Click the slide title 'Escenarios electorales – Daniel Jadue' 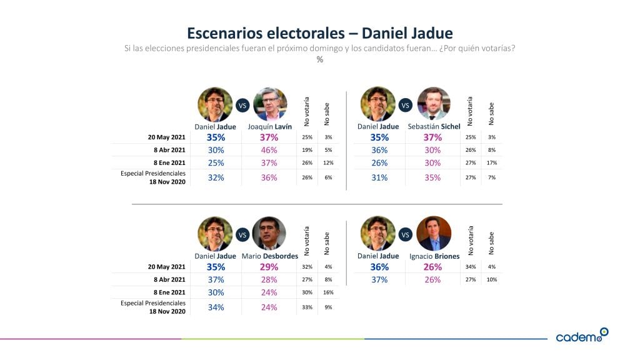[x=320, y=32]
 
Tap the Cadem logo [x=581, y=336]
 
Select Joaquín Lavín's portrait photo [x=270, y=104]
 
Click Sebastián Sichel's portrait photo [x=433, y=104]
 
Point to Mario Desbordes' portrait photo [x=269, y=233]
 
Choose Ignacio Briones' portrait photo [x=434, y=233]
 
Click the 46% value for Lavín [x=270, y=150]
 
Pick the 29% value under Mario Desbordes [x=270, y=267]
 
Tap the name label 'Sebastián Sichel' [x=434, y=127]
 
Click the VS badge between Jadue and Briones [x=405, y=235]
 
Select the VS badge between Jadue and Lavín [x=242, y=106]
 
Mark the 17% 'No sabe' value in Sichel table [x=492, y=163]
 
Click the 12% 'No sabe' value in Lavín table [x=329, y=163]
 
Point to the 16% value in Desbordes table [x=329, y=292]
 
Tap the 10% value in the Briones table [x=492, y=279]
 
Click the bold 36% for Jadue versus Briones [x=379, y=267]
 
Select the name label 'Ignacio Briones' [x=434, y=256]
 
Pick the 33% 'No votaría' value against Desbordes [x=307, y=307]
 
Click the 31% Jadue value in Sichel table [x=379, y=177]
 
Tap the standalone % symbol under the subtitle [x=320, y=60]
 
